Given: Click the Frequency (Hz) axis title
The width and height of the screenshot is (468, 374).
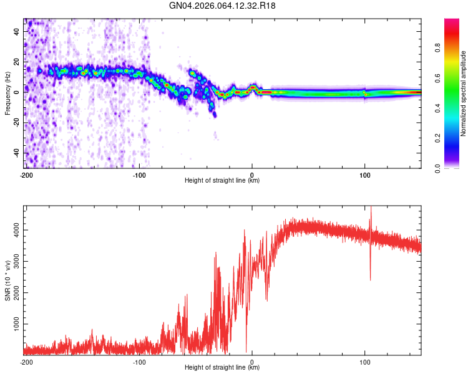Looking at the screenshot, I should pyautogui.click(x=7, y=93).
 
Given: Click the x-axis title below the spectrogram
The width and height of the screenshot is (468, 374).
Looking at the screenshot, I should pyautogui.click(x=222, y=181).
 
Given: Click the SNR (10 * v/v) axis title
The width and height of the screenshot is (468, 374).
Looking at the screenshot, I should pyautogui.click(x=7, y=280).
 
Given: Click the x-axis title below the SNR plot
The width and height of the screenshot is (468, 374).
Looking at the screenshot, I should pyautogui.click(x=222, y=368).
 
